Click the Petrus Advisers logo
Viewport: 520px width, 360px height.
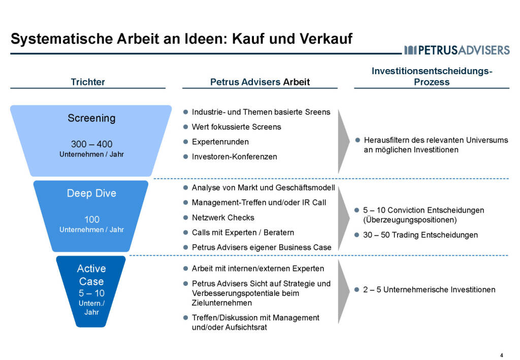point(457,50)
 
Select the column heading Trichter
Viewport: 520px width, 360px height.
point(88,82)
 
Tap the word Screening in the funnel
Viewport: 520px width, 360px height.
point(91,118)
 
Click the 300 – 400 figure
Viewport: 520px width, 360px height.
point(91,144)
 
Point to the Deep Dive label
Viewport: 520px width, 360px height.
point(91,193)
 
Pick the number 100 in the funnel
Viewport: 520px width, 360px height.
point(91,219)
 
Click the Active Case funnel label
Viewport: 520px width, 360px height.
point(91,275)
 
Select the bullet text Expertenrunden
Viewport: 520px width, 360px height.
point(220,142)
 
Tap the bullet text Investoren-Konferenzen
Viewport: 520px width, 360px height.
point(234,156)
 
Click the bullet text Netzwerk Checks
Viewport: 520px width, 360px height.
point(223,217)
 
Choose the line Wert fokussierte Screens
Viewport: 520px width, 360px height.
point(236,127)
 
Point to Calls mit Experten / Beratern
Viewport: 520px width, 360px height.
point(243,233)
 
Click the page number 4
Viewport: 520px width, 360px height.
point(502,354)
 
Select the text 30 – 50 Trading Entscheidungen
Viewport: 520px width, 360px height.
point(420,235)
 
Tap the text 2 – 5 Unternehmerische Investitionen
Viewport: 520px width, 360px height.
point(429,289)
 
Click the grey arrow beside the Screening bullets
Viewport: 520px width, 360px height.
point(344,141)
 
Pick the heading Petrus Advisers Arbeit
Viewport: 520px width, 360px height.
point(259,82)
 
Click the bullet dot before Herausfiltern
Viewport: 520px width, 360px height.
point(357,139)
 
